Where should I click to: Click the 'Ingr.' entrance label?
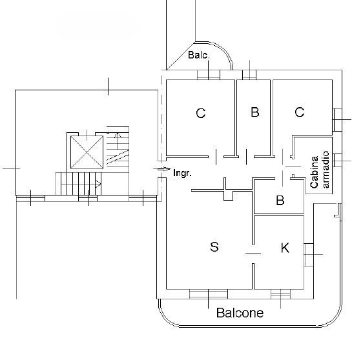click(182, 173)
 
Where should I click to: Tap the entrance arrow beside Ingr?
click(164, 169)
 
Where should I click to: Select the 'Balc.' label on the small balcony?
click(199, 55)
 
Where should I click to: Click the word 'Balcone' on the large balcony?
click(240, 313)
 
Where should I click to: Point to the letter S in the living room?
click(214, 246)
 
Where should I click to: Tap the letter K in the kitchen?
click(285, 248)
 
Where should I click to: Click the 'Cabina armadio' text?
click(320, 170)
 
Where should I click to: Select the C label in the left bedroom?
click(200, 113)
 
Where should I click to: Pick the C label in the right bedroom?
click(299, 112)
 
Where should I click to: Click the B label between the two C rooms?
click(255, 112)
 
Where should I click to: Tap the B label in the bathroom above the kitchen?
click(280, 200)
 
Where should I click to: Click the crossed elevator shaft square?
click(87, 152)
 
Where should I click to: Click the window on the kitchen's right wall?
click(309, 255)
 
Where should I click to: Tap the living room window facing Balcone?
click(209, 294)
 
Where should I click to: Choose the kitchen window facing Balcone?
click(280, 294)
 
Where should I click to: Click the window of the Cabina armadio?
click(338, 161)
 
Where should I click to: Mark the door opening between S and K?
click(253, 254)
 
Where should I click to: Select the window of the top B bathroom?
click(249, 75)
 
